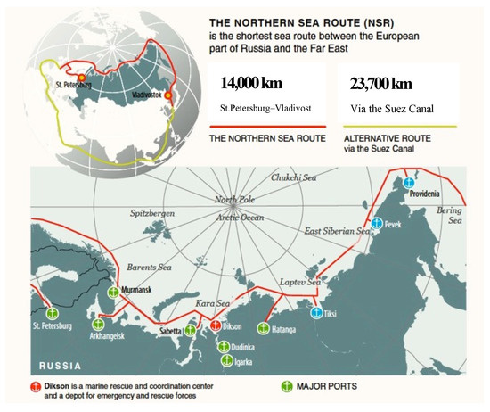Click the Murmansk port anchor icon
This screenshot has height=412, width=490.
[112, 291]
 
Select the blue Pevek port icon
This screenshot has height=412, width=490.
[377, 222]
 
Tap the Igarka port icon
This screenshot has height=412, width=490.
[225, 359]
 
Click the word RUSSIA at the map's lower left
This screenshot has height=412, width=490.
[62, 367]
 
